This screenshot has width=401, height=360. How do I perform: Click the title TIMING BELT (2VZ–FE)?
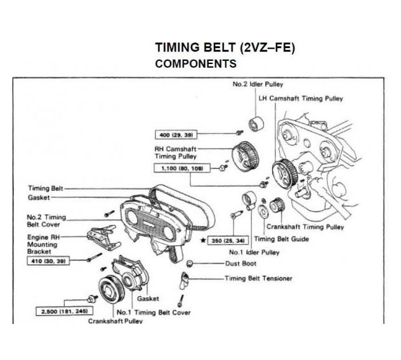click(225, 48)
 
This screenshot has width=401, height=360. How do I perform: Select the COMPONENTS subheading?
click(196, 64)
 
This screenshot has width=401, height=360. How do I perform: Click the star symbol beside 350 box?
click(202, 241)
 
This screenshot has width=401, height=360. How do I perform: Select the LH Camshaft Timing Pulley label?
click(301, 99)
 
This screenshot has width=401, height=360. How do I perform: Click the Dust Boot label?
click(240, 264)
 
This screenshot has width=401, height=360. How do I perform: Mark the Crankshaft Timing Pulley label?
click(305, 226)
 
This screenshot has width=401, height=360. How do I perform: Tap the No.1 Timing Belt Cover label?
click(153, 312)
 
